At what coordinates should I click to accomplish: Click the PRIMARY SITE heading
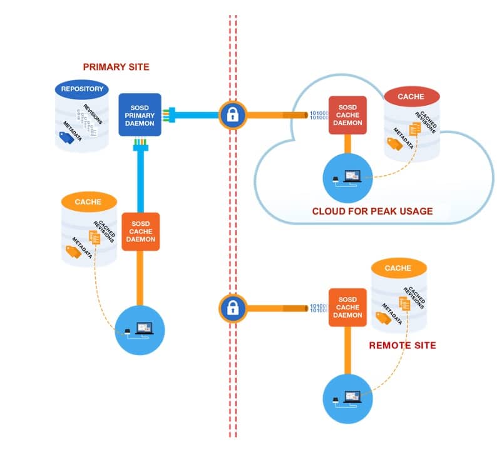116,67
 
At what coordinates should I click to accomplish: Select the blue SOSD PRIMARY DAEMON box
140,114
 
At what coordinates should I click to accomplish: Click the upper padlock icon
231,114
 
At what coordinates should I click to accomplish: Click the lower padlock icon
231,307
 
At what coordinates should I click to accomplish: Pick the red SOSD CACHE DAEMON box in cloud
347,115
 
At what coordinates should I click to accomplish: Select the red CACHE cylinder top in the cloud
411,97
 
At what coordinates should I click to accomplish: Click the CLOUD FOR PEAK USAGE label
372,211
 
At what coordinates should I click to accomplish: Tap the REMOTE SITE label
402,345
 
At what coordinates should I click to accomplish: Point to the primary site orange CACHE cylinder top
89,202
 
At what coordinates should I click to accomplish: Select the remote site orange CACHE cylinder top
398,268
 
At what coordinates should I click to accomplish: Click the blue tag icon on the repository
66,139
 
